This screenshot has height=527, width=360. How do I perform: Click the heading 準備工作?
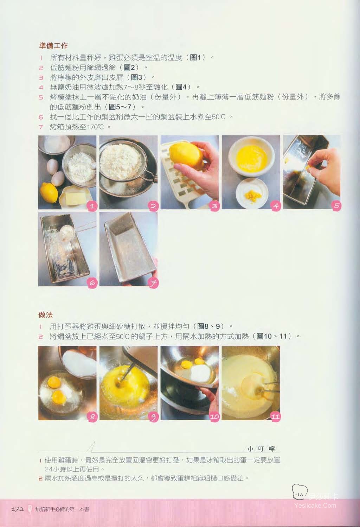[53, 45]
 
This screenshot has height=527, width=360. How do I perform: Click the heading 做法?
[46, 315]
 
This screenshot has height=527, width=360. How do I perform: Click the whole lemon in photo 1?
[49, 193]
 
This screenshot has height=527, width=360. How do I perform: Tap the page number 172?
[17, 509]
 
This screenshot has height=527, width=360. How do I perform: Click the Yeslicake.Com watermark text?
[315, 505]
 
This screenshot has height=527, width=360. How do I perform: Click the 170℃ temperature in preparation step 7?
[95, 127]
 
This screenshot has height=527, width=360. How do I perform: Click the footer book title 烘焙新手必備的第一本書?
[62, 510]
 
